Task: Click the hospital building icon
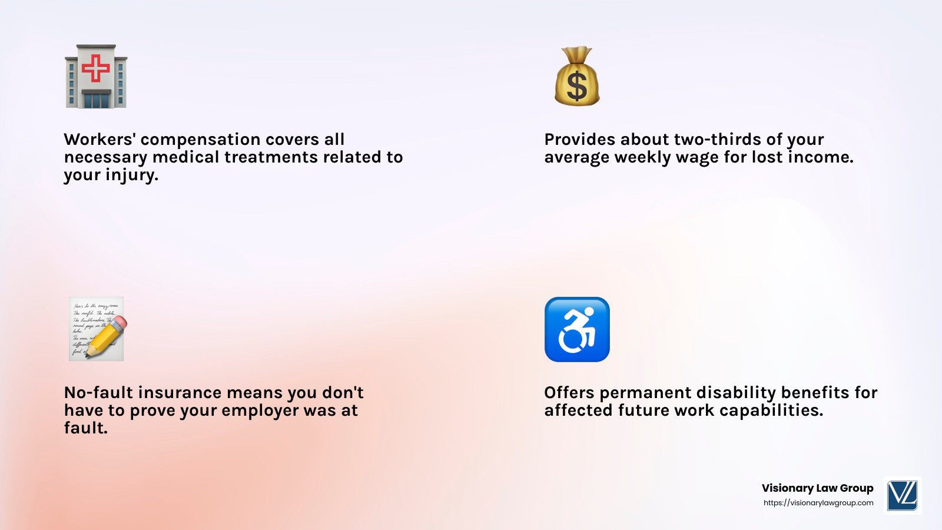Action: (96, 77)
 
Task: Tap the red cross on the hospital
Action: (96, 68)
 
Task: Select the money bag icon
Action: (577, 77)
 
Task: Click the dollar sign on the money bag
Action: (577, 86)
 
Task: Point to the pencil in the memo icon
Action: (107, 336)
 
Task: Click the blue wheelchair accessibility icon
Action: (577, 329)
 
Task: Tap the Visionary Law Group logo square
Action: (903, 495)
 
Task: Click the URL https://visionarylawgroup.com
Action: (818, 503)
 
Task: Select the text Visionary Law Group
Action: (817, 488)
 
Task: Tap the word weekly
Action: (642, 158)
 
